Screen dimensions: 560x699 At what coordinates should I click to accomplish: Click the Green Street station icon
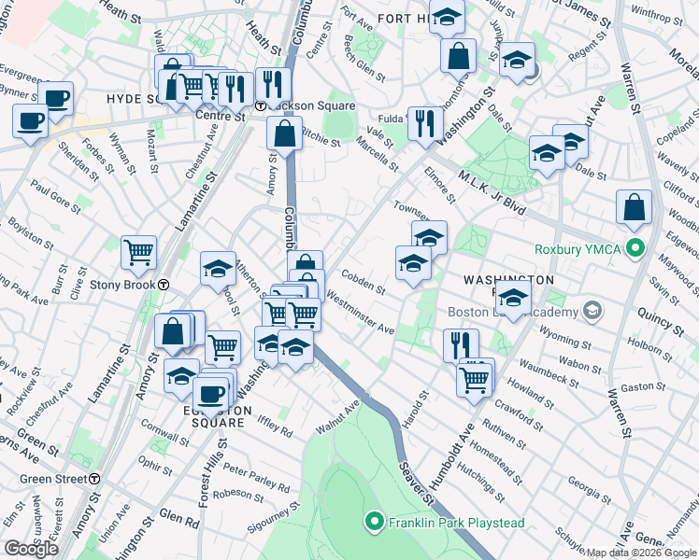(x=94, y=479)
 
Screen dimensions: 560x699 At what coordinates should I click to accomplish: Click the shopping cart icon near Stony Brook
(x=138, y=250)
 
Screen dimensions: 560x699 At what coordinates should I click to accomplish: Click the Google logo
(x=31, y=549)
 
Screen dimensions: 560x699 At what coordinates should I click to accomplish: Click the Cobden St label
(x=364, y=281)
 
